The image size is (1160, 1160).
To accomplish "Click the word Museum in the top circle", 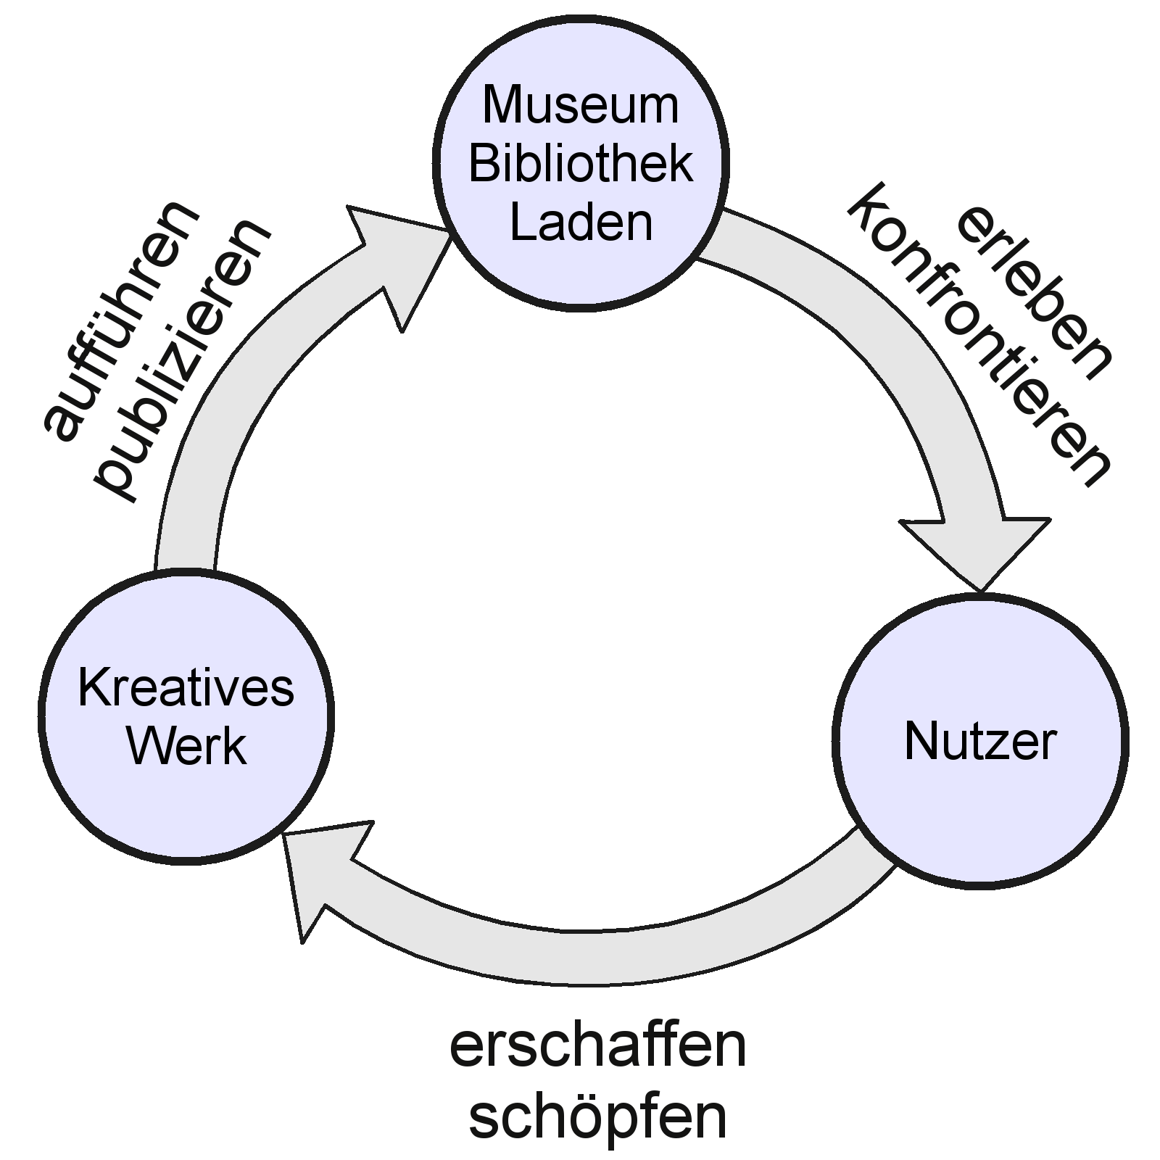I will pos(581,105).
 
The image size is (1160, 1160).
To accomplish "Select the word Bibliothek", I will pos(581,164).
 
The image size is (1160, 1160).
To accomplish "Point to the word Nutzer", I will pos(980,741).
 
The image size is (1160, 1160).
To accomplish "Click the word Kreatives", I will pos(186,688).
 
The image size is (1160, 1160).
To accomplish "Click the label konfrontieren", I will pos(979,333).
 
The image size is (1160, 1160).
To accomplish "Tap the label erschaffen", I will pos(598,1047).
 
